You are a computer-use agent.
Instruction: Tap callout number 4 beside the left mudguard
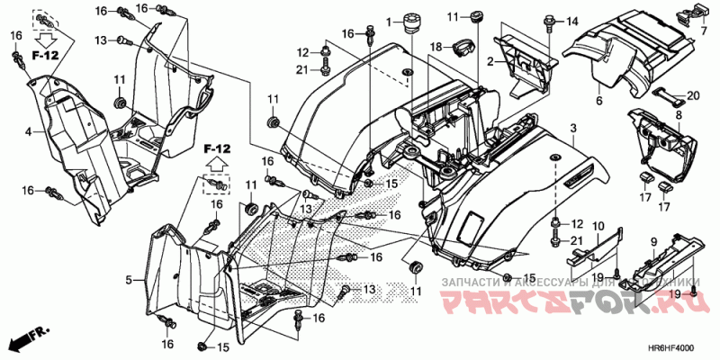tap(28, 132)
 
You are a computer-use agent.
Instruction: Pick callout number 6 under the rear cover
tap(598, 102)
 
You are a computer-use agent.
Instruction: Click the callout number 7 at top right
tap(705, 31)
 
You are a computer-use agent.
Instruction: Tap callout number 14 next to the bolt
tap(572, 21)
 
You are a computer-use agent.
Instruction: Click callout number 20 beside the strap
tap(693, 96)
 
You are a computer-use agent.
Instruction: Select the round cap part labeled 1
tap(415, 22)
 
